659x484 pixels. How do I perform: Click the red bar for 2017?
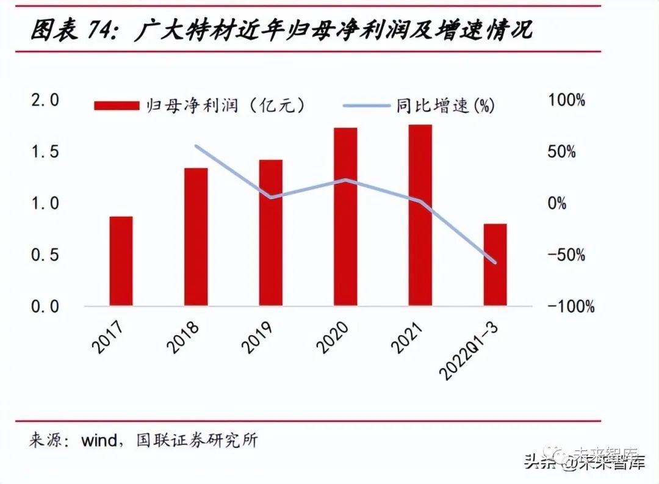(121, 261)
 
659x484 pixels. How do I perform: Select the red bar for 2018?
(196, 237)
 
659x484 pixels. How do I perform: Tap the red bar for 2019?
(271, 233)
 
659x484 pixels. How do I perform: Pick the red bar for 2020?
(345, 217)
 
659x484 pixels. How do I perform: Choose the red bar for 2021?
(420, 215)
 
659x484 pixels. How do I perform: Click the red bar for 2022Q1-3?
(495, 264)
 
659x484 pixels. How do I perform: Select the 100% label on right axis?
(567, 100)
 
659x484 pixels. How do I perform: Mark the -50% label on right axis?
(567, 255)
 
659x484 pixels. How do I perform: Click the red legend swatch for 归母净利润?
(117, 106)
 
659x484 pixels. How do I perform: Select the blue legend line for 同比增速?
(367, 106)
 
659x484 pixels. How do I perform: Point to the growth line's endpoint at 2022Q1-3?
(495, 263)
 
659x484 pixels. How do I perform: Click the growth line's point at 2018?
(196, 146)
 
